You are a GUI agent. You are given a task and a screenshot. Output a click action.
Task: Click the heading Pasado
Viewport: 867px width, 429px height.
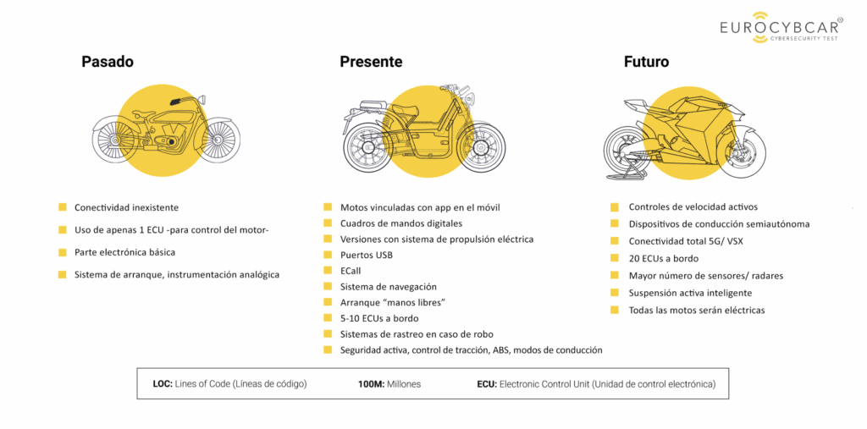pos(108,62)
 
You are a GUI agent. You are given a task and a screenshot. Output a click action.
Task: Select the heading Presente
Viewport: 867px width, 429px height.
pos(371,62)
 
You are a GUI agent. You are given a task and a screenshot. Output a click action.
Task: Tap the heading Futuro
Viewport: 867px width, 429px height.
pos(646,62)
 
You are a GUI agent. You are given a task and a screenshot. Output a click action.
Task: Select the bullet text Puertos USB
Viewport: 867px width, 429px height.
pos(366,255)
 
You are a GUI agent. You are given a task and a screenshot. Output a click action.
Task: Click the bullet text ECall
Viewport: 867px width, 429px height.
pos(351,271)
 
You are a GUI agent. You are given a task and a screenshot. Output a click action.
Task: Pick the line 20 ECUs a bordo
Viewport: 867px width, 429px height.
pos(663,258)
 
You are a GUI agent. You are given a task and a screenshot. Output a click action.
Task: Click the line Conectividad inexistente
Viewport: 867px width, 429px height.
pos(126,207)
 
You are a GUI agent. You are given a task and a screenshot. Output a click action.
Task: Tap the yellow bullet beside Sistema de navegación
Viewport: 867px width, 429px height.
pos(328,287)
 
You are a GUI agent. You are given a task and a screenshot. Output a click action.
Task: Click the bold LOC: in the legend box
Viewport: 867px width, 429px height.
pos(163,384)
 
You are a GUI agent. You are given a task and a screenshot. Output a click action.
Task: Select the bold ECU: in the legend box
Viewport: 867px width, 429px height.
pos(487,384)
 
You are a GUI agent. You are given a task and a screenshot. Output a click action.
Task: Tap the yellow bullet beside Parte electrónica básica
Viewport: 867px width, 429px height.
pos(63,252)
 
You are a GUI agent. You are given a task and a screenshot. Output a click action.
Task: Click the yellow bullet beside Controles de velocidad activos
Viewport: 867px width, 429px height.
pos(616,207)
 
